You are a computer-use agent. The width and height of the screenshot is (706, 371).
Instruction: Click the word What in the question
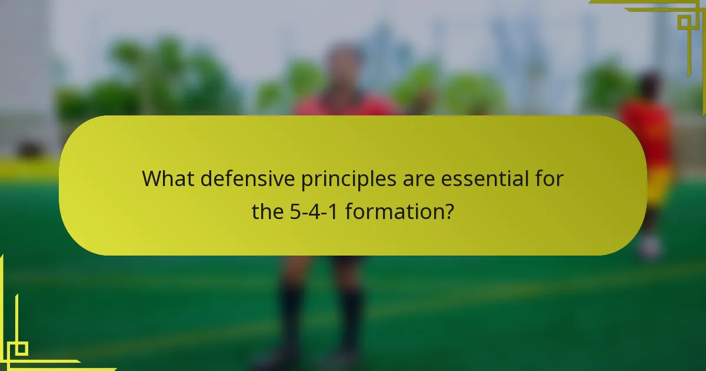tap(168, 178)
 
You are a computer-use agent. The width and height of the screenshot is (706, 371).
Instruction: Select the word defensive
tap(248, 178)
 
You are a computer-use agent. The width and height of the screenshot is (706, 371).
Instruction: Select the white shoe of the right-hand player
tap(650, 247)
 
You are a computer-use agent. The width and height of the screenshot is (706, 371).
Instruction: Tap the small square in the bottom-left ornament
tap(21, 349)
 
